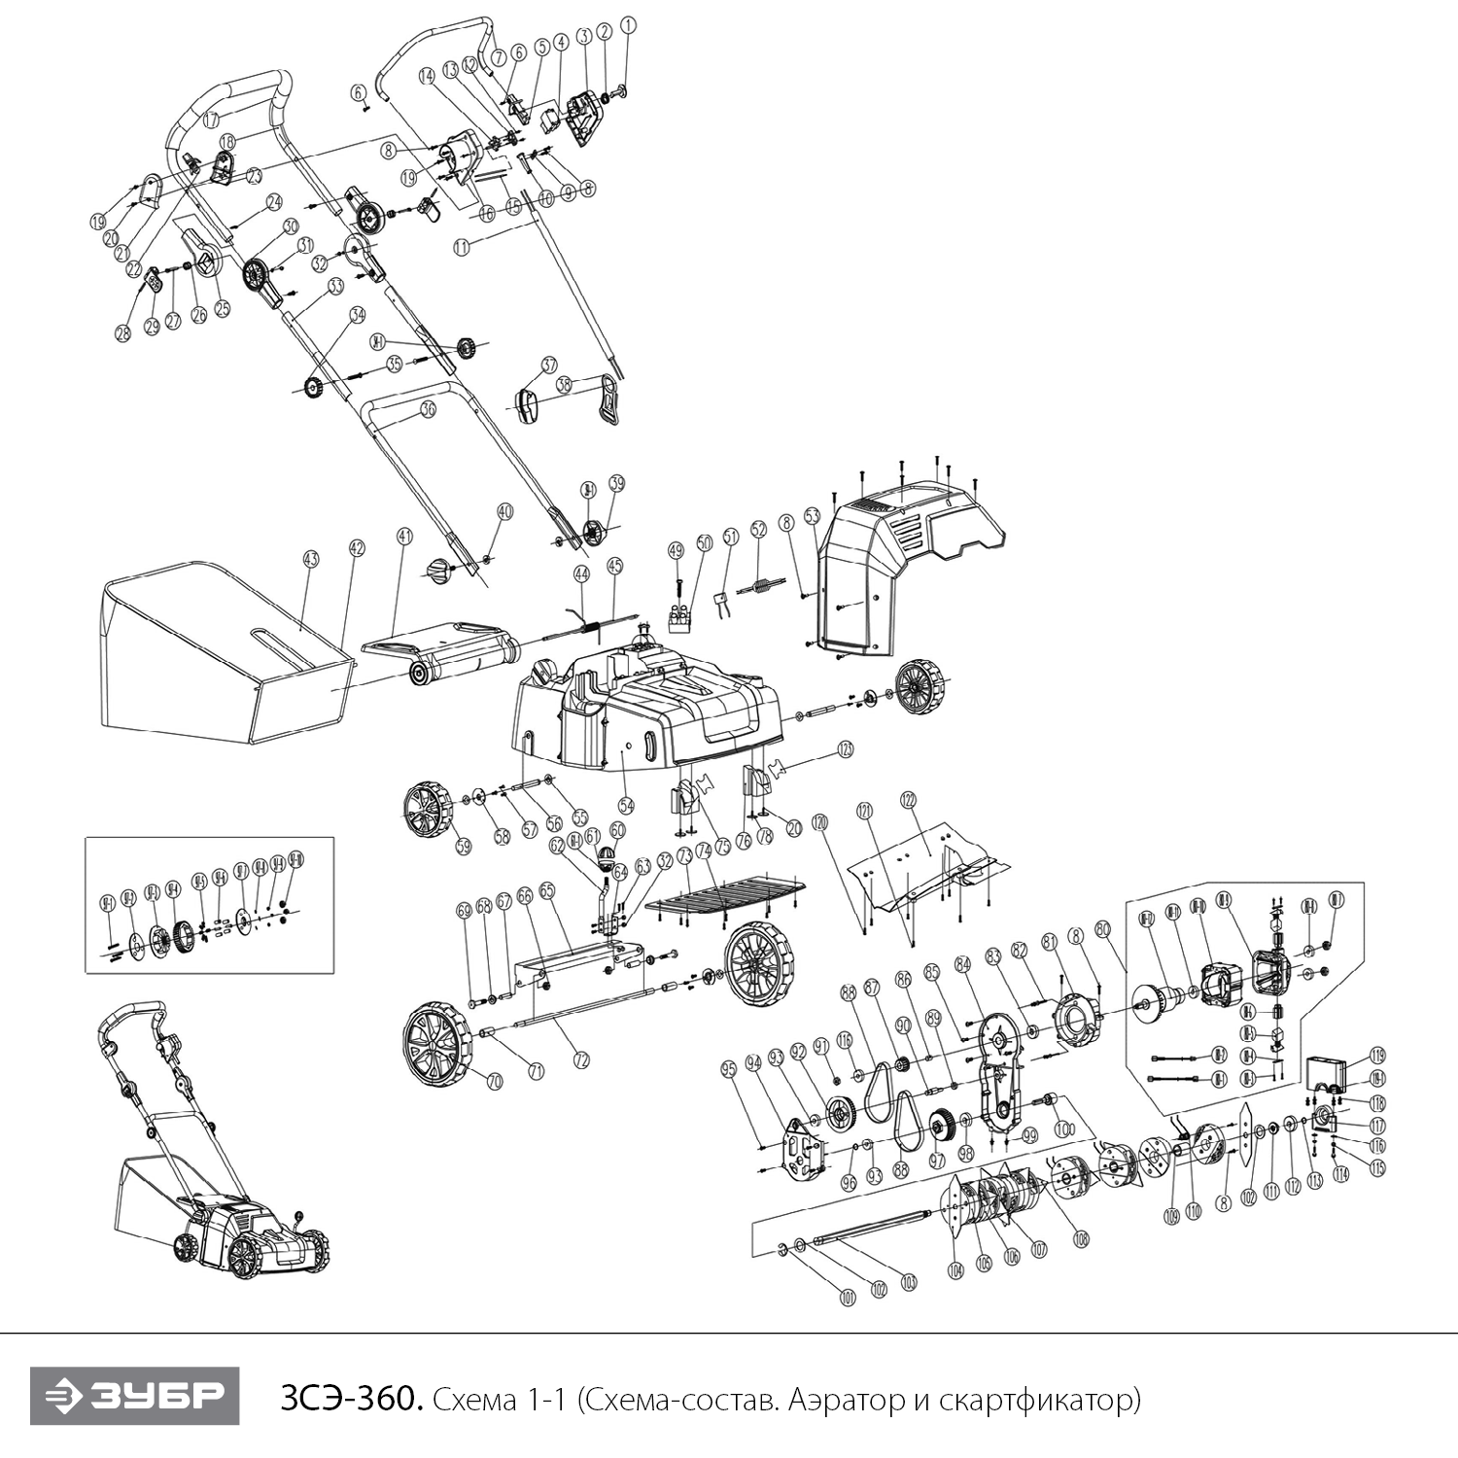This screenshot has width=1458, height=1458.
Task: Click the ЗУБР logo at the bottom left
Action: [x=134, y=1397]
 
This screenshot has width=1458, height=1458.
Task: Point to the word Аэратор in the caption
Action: [x=830, y=1400]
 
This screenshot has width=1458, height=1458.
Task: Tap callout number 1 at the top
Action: [x=627, y=26]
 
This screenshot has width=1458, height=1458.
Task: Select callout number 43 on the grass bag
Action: [x=311, y=560]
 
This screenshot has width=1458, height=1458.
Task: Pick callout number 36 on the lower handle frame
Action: [x=428, y=409]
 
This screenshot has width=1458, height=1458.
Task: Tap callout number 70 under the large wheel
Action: [x=494, y=1080]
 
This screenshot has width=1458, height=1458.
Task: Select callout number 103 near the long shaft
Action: [x=909, y=1280]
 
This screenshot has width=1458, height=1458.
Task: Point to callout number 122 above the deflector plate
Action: [x=908, y=800]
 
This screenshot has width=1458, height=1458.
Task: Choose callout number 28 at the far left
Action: [x=122, y=332]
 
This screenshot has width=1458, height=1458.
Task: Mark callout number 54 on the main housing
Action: [x=626, y=806]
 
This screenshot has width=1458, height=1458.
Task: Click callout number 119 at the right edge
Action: [x=1377, y=1056]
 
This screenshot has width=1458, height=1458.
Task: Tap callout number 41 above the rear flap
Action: [x=404, y=536]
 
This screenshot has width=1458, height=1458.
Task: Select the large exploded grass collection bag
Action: [x=224, y=651]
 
